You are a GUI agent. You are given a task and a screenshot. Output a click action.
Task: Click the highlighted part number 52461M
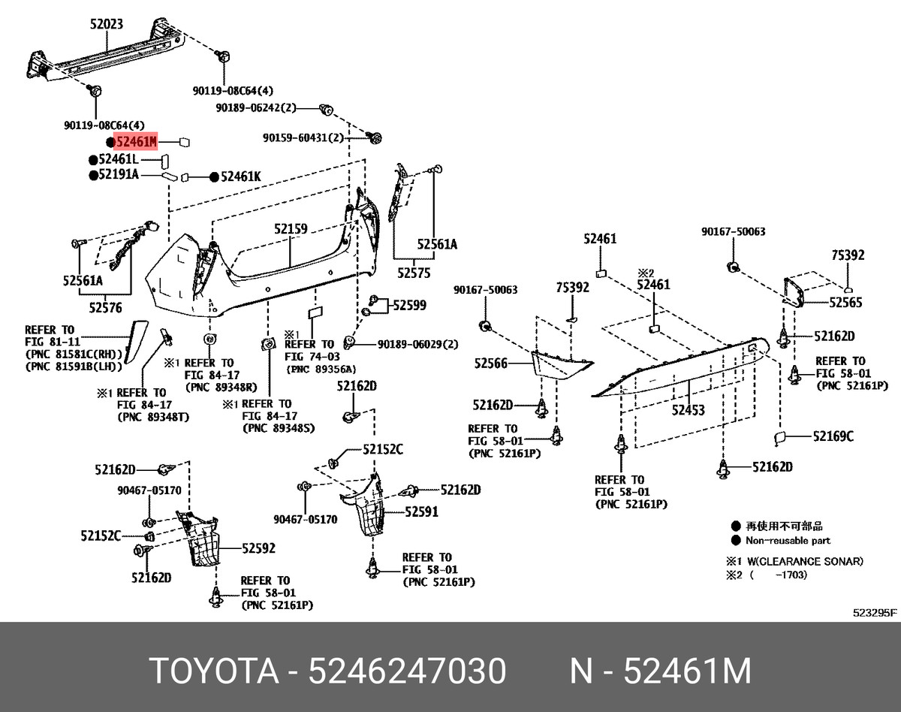[x=136, y=141]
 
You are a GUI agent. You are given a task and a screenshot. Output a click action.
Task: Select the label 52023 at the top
[x=107, y=24]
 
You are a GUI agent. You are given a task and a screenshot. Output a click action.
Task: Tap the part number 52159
[x=291, y=228]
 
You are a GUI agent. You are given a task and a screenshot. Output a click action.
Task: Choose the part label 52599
[x=409, y=305]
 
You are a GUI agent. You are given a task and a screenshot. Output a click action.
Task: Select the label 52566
[x=491, y=364]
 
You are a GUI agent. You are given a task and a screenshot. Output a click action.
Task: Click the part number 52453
[x=689, y=410]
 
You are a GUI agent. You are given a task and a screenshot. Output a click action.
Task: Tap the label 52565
[x=845, y=302]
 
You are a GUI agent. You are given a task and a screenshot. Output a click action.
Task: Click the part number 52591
[x=421, y=512]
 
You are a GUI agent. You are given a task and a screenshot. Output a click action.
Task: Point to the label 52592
[x=258, y=549]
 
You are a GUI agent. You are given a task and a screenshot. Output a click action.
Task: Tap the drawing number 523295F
[x=873, y=612]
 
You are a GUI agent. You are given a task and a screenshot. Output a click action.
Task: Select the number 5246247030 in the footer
[x=408, y=671]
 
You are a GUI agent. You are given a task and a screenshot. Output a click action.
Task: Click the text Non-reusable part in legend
[x=788, y=540]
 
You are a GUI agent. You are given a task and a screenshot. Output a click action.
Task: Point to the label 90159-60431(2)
[x=303, y=138]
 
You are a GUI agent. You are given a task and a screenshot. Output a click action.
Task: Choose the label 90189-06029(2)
[x=417, y=343]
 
